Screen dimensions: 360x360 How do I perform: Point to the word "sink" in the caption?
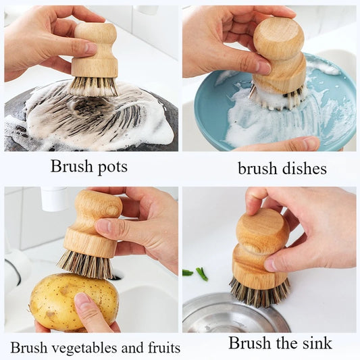[316, 343]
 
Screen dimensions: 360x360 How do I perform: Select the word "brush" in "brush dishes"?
[257, 168]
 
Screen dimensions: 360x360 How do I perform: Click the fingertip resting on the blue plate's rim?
[308, 143]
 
